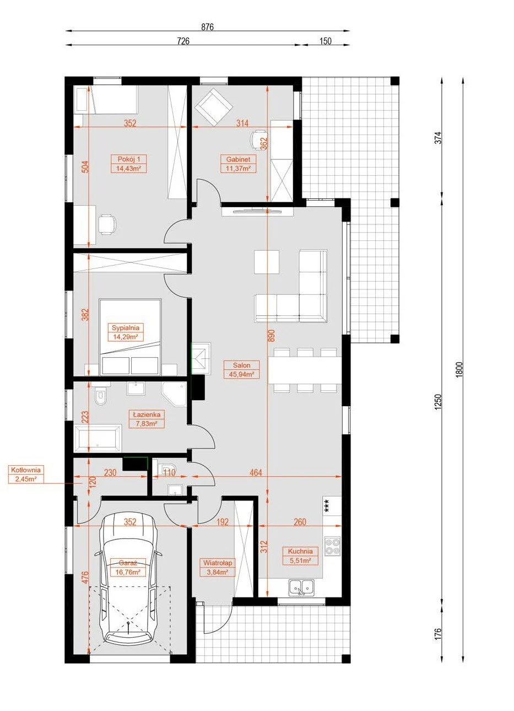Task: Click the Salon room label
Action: click(x=241, y=365)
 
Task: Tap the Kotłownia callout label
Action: click(x=26, y=470)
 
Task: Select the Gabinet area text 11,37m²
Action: click(x=238, y=168)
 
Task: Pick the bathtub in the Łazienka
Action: click(x=98, y=438)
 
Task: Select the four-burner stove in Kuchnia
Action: click(x=332, y=546)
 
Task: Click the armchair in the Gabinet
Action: click(x=214, y=107)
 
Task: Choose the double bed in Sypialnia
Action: click(x=130, y=337)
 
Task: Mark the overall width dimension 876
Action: click(x=208, y=27)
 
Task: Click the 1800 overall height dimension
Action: click(x=459, y=370)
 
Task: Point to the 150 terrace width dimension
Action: click(x=326, y=41)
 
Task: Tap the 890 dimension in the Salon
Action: click(x=271, y=336)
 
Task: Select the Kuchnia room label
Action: click(x=300, y=552)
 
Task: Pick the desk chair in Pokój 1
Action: click(x=106, y=224)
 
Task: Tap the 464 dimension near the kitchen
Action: click(x=256, y=473)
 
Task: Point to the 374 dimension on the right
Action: click(x=438, y=138)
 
